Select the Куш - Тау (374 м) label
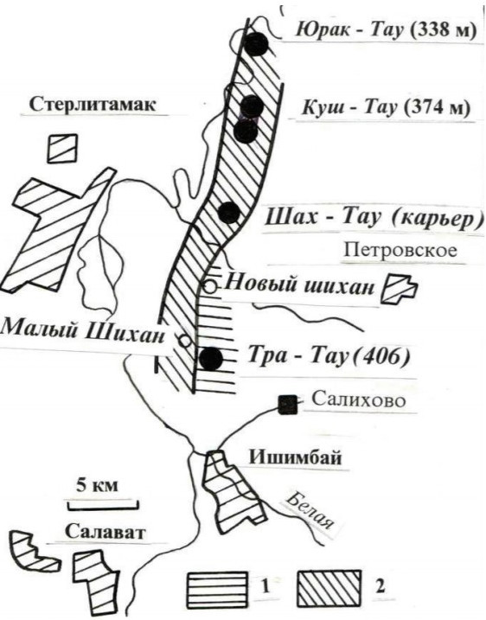[x=386, y=107]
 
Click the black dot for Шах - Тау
[x=229, y=213]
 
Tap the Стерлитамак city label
[x=93, y=105]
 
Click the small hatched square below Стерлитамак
[x=62, y=148]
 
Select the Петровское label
[x=400, y=250]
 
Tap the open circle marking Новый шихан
[x=210, y=286]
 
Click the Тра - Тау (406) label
[x=329, y=356]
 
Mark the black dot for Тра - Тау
[x=211, y=359]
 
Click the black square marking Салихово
[x=287, y=405]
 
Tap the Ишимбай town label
[x=295, y=457]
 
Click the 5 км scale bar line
[x=103, y=505]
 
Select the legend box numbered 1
[x=217, y=588]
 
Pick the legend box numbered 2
[x=329, y=588]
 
